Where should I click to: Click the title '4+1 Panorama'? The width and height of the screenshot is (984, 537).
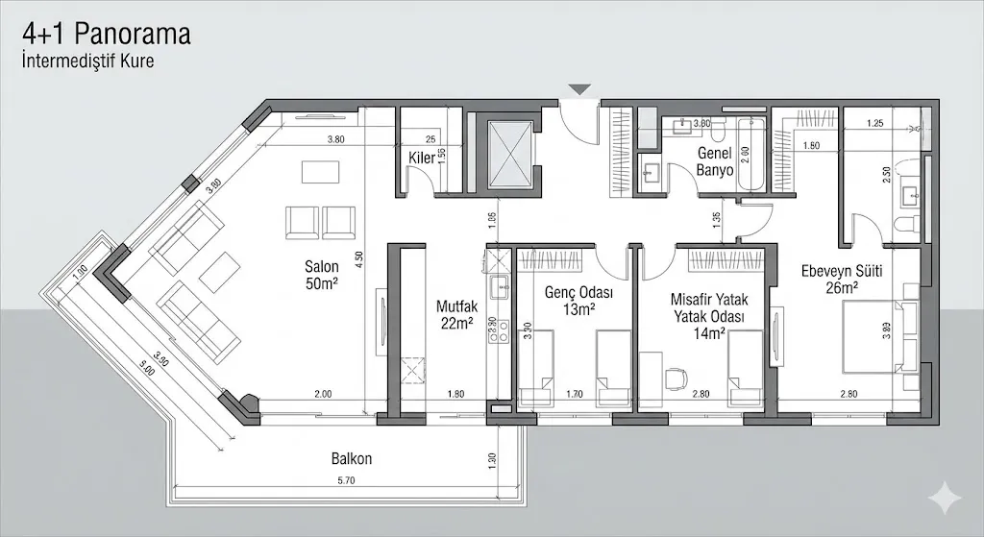click(107, 35)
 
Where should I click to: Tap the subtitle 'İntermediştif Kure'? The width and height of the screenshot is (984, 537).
click(88, 61)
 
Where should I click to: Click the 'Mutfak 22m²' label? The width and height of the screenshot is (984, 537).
click(457, 315)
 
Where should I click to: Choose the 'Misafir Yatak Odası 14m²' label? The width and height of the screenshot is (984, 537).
click(709, 316)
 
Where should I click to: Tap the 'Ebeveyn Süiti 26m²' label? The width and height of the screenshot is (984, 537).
click(842, 279)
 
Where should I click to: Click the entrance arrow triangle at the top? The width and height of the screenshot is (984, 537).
click(578, 90)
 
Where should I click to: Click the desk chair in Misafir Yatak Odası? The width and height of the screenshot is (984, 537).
click(677, 378)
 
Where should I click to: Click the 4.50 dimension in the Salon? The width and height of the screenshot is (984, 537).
click(358, 256)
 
